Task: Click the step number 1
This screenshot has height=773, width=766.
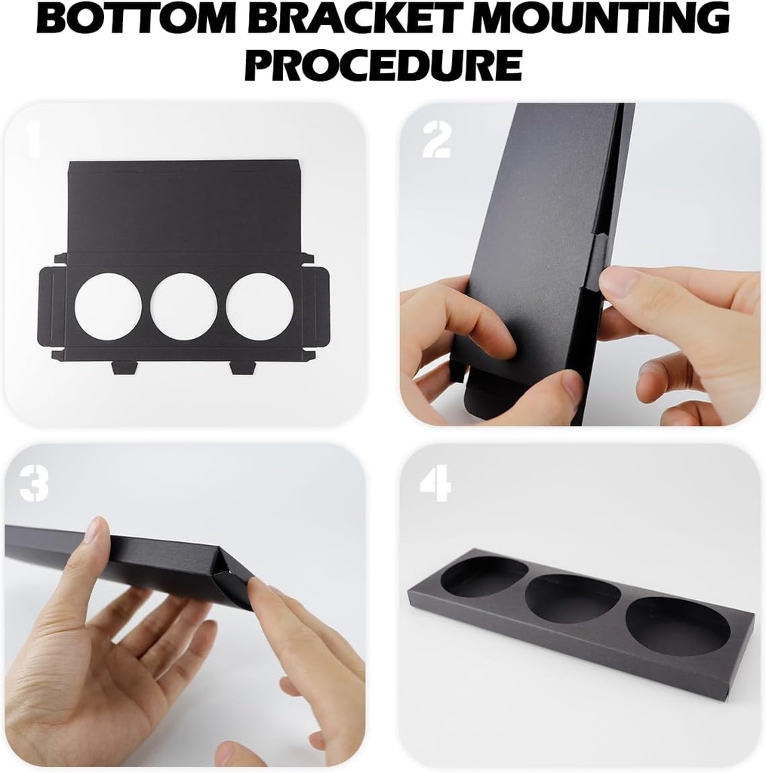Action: click(32, 140)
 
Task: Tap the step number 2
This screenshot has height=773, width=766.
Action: click(437, 140)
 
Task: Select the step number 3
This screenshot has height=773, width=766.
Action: click(34, 483)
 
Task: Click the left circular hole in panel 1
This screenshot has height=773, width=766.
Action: click(108, 306)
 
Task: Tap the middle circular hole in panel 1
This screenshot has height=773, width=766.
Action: click(183, 306)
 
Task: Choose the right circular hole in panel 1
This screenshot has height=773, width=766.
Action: click(260, 306)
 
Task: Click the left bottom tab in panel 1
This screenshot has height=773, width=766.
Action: click(125, 367)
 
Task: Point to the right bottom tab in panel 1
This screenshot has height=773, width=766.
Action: click(241, 367)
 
